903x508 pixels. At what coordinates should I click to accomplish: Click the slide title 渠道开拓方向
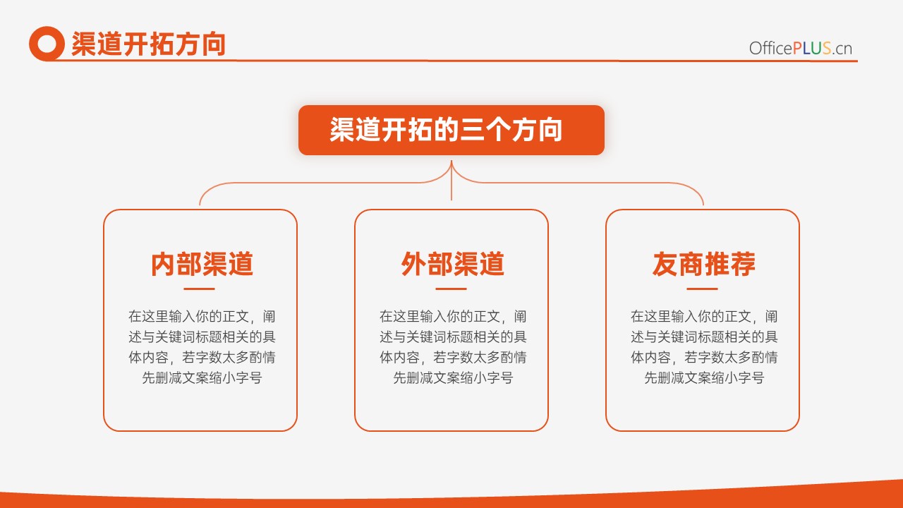click(x=148, y=44)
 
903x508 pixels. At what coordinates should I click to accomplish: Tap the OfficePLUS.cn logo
click(x=801, y=49)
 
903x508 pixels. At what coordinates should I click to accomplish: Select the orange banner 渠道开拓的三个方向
click(x=451, y=130)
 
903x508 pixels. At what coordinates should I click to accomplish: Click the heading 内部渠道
click(x=202, y=264)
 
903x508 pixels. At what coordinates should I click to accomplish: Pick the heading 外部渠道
click(x=452, y=264)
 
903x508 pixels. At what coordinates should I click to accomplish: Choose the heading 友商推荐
click(x=704, y=264)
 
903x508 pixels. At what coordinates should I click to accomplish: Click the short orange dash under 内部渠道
click(x=199, y=289)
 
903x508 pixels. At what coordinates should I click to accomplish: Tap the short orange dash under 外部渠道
click(x=451, y=289)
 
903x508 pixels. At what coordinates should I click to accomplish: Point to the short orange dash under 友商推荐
click(x=702, y=289)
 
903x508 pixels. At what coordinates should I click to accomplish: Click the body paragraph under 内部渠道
click(x=202, y=346)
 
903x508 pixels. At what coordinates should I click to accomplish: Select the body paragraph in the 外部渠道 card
click(x=453, y=346)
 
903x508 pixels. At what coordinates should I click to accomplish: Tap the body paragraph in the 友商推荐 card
click(x=704, y=346)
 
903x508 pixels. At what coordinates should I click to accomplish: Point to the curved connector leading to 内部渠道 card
click(x=322, y=183)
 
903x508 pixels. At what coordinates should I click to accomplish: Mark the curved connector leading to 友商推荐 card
click(x=581, y=183)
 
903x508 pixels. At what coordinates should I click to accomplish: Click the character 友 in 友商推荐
click(x=665, y=264)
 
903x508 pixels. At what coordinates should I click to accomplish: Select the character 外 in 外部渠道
click(x=414, y=264)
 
